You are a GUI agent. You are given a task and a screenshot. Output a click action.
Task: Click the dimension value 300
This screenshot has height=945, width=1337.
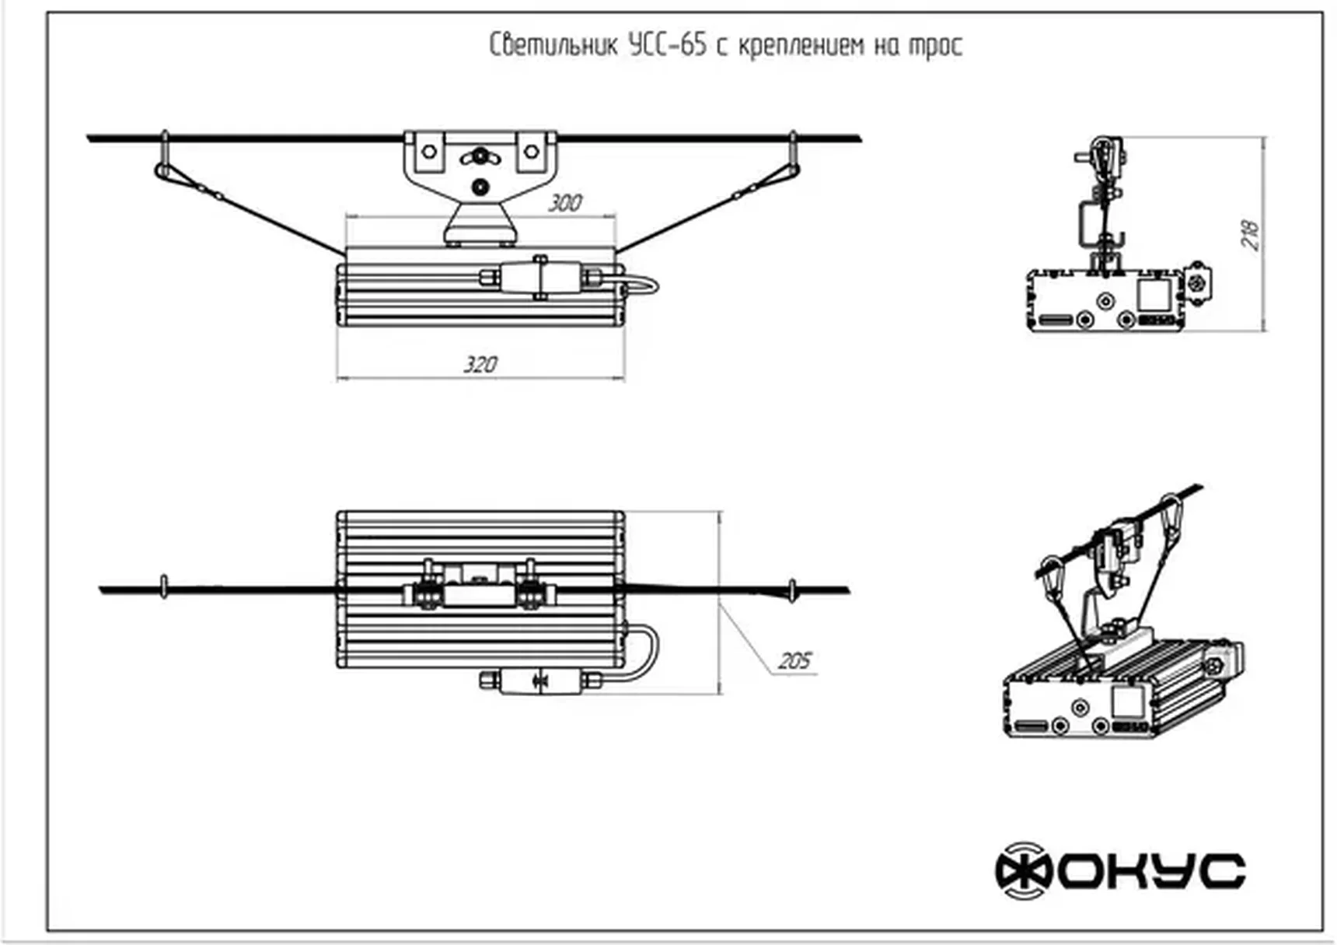565,203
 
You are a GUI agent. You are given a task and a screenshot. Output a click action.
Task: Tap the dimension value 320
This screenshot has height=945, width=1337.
480,364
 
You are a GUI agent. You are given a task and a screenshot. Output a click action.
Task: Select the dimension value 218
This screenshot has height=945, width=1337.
1250,234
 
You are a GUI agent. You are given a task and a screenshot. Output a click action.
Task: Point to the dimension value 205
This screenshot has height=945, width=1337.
794,660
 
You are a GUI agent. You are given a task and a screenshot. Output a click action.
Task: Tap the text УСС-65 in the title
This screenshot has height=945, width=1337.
668,45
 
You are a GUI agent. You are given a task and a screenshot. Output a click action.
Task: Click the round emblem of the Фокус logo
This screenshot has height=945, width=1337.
1024,870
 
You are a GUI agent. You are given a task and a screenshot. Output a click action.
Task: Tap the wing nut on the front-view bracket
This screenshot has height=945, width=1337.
480,157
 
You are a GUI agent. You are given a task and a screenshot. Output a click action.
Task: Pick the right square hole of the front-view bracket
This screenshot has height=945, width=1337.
531,152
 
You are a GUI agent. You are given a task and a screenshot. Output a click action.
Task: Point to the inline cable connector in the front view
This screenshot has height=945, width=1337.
538,278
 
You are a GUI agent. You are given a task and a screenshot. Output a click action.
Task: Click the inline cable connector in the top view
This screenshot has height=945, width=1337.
538,681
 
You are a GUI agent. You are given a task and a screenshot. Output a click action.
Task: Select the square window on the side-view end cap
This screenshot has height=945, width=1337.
1154,295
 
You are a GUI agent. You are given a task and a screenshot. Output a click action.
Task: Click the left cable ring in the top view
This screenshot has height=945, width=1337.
163,588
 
